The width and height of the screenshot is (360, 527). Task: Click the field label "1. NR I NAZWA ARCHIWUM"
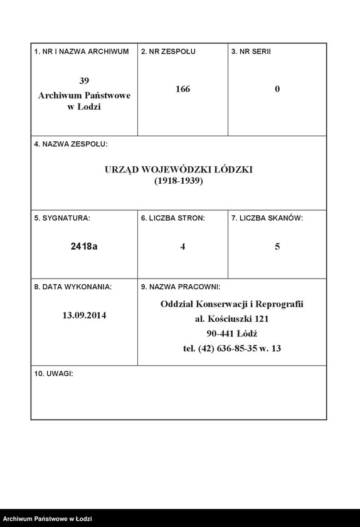tap(82, 51)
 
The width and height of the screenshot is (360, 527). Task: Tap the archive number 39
tap(84, 81)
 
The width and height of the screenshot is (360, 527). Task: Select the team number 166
tap(183, 89)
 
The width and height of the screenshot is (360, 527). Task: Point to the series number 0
tap(277, 89)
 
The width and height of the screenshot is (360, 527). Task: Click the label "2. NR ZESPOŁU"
tap(168, 51)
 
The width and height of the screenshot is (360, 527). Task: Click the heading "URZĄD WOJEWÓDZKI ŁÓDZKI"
tap(179, 170)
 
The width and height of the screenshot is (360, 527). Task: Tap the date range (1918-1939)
tap(179, 181)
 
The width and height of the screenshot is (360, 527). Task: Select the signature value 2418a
tap(84, 247)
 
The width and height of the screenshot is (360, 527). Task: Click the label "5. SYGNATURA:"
tap(62, 218)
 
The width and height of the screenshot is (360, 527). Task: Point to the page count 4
tap(183, 247)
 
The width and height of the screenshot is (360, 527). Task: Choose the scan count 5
tap(277, 247)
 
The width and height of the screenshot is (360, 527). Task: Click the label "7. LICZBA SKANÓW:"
tap(267, 218)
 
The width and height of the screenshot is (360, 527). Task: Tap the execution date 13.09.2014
tap(84, 316)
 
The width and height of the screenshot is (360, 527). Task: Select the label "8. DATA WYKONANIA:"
tap(73, 287)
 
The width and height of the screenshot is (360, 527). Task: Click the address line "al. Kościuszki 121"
tap(232, 319)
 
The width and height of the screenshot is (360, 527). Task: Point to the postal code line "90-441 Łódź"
tap(232, 333)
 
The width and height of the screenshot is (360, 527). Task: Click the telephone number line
tap(232, 348)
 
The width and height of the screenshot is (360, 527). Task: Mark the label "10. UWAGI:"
tap(53, 373)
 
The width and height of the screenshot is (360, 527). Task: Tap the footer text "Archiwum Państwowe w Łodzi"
tap(48, 519)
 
